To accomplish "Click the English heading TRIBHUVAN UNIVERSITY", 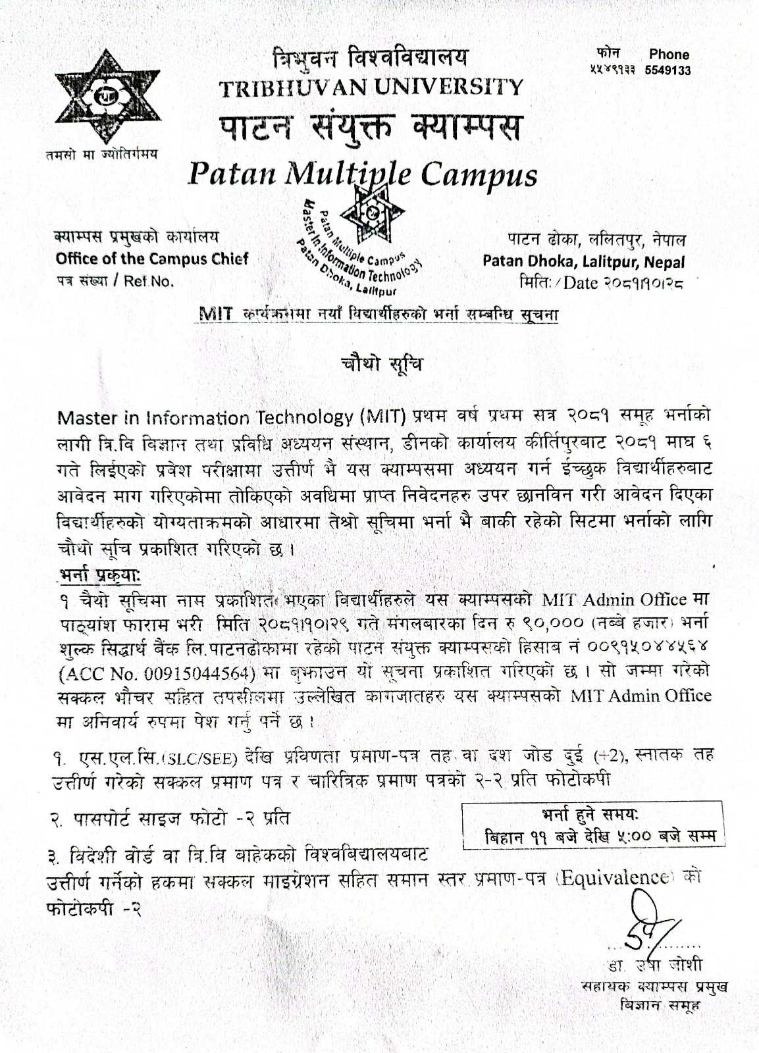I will [371, 87].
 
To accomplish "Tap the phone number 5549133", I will [668, 70].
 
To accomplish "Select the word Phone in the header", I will [669, 55].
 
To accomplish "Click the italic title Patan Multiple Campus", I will [362, 174].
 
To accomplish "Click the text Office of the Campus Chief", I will [152, 259].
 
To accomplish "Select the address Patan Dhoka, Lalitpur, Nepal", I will [583, 261].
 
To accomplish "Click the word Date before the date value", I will [580, 283].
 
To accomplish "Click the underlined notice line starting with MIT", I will [379, 314].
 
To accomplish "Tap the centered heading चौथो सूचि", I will [381, 364].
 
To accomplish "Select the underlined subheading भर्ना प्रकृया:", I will [99, 574].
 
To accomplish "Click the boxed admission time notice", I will [594, 825].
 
